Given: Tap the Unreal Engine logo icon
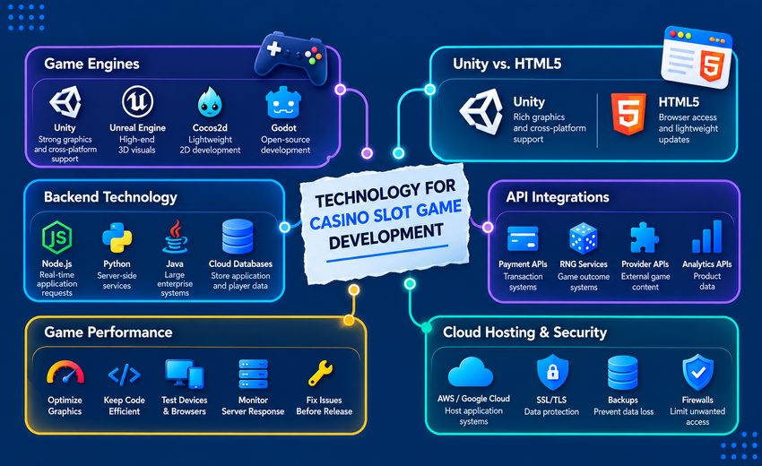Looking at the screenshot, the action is [x=137, y=101].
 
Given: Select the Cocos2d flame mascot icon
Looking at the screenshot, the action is [x=210, y=102].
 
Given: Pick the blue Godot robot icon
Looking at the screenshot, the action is [x=283, y=102].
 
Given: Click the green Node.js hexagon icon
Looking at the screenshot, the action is [x=56, y=237].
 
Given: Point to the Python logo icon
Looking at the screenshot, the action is [x=117, y=237].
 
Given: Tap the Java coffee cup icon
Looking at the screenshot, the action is [x=175, y=237].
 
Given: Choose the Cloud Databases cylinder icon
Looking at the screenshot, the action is [x=238, y=237].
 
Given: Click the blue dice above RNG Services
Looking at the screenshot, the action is [x=584, y=238].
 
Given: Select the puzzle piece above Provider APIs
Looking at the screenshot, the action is [x=645, y=237].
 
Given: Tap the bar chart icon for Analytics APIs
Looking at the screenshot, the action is [x=707, y=237].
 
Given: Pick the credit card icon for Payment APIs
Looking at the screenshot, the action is [x=523, y=238].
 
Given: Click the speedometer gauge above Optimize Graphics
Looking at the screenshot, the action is [x=65, y=373].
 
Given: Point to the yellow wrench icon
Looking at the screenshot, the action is [x=321, y=373].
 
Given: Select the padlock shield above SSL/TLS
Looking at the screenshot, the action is [x=552, y=372].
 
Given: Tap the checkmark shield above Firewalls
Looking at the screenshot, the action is [x=697, y=372].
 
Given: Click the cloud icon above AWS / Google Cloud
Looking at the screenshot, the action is [x=471, y=372].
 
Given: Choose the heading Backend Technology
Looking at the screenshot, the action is [x=111, y=197].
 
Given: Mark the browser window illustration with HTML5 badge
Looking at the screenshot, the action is [x=697, y=57].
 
